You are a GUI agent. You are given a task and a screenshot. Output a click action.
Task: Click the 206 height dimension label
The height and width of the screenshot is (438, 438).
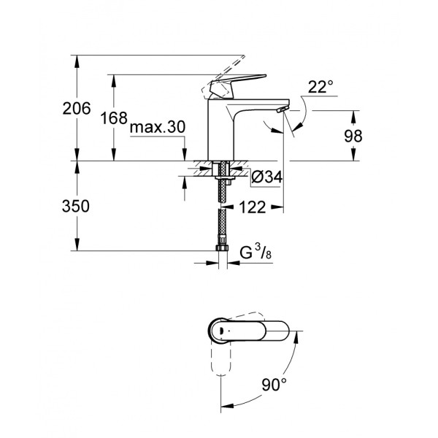(77, 109)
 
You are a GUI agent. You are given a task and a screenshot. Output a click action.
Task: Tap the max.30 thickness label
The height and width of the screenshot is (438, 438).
(158, 127)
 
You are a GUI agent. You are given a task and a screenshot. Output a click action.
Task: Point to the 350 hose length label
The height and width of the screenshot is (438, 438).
(76, 207)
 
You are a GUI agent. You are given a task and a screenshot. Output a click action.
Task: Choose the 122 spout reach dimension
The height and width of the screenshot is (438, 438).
(251, 207)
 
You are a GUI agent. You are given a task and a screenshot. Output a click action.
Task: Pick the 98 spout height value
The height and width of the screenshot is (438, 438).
(352, 136)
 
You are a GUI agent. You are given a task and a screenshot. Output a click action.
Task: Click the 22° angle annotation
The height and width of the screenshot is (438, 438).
(320, 88)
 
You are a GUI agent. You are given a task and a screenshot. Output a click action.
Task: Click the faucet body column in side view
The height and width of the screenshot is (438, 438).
(219, 131)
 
